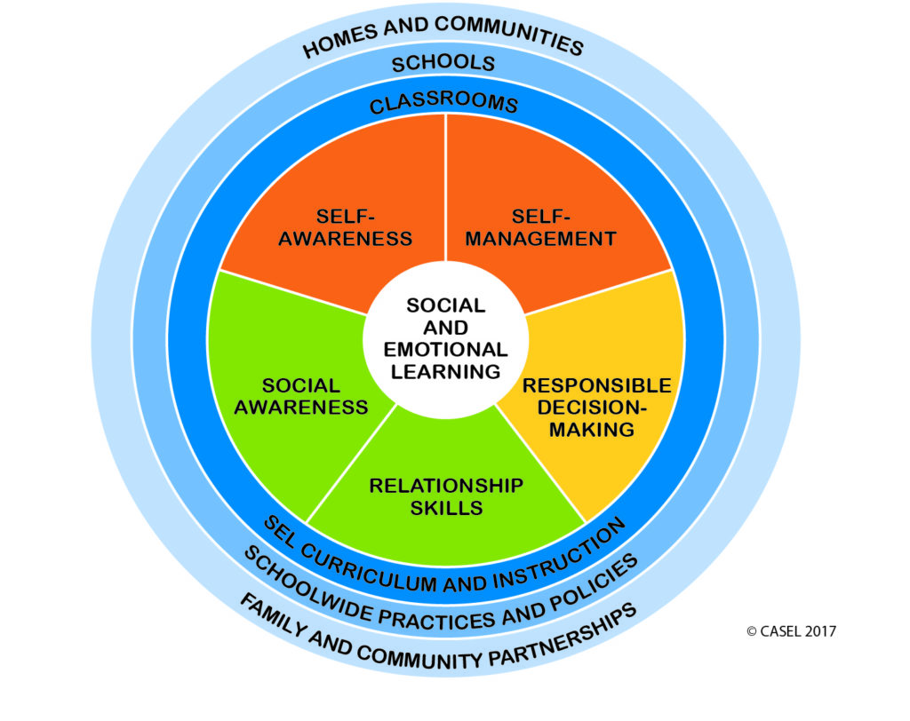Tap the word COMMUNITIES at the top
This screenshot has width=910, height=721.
(508, 35)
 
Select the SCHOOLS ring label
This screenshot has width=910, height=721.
(443, 63)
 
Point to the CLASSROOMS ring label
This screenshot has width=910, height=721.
(443, 102)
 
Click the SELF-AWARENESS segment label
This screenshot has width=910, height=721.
(346, 227)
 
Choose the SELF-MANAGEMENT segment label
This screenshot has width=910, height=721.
(540, 227)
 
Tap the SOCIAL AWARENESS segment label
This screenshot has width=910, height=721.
(300, 396)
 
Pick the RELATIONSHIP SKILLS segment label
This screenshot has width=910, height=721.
(446, 496)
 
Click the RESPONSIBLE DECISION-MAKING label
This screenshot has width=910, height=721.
(596, 408)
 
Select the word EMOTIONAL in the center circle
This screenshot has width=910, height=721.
(446, 349)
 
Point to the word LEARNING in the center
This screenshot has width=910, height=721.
(446, 371)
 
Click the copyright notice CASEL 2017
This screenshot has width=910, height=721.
(792, 631)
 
